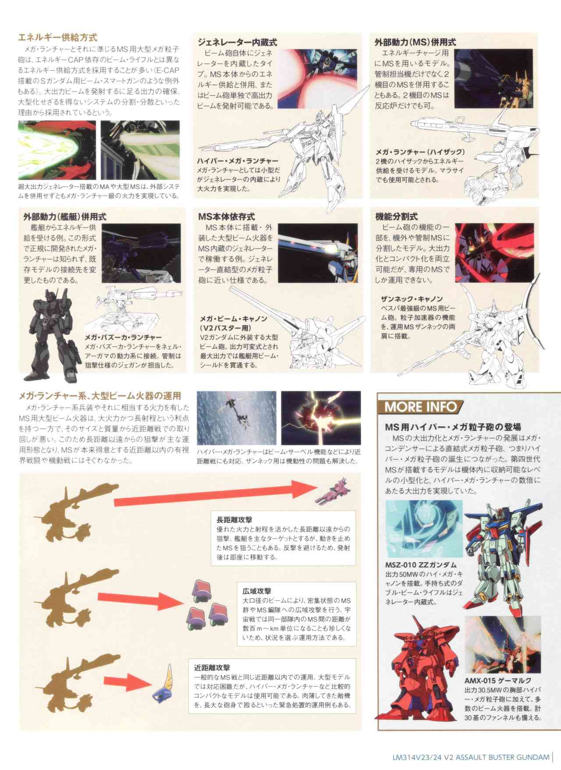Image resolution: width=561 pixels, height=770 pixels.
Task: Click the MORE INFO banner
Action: tap(420, 406)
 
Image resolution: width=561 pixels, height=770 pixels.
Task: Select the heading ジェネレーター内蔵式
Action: tap(238, 43)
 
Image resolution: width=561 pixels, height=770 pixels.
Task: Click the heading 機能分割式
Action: tap(397, 216)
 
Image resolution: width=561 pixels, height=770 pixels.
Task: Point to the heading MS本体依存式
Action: tap(227, 216)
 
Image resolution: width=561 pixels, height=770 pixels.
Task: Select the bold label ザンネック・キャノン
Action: tap(412, 299)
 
